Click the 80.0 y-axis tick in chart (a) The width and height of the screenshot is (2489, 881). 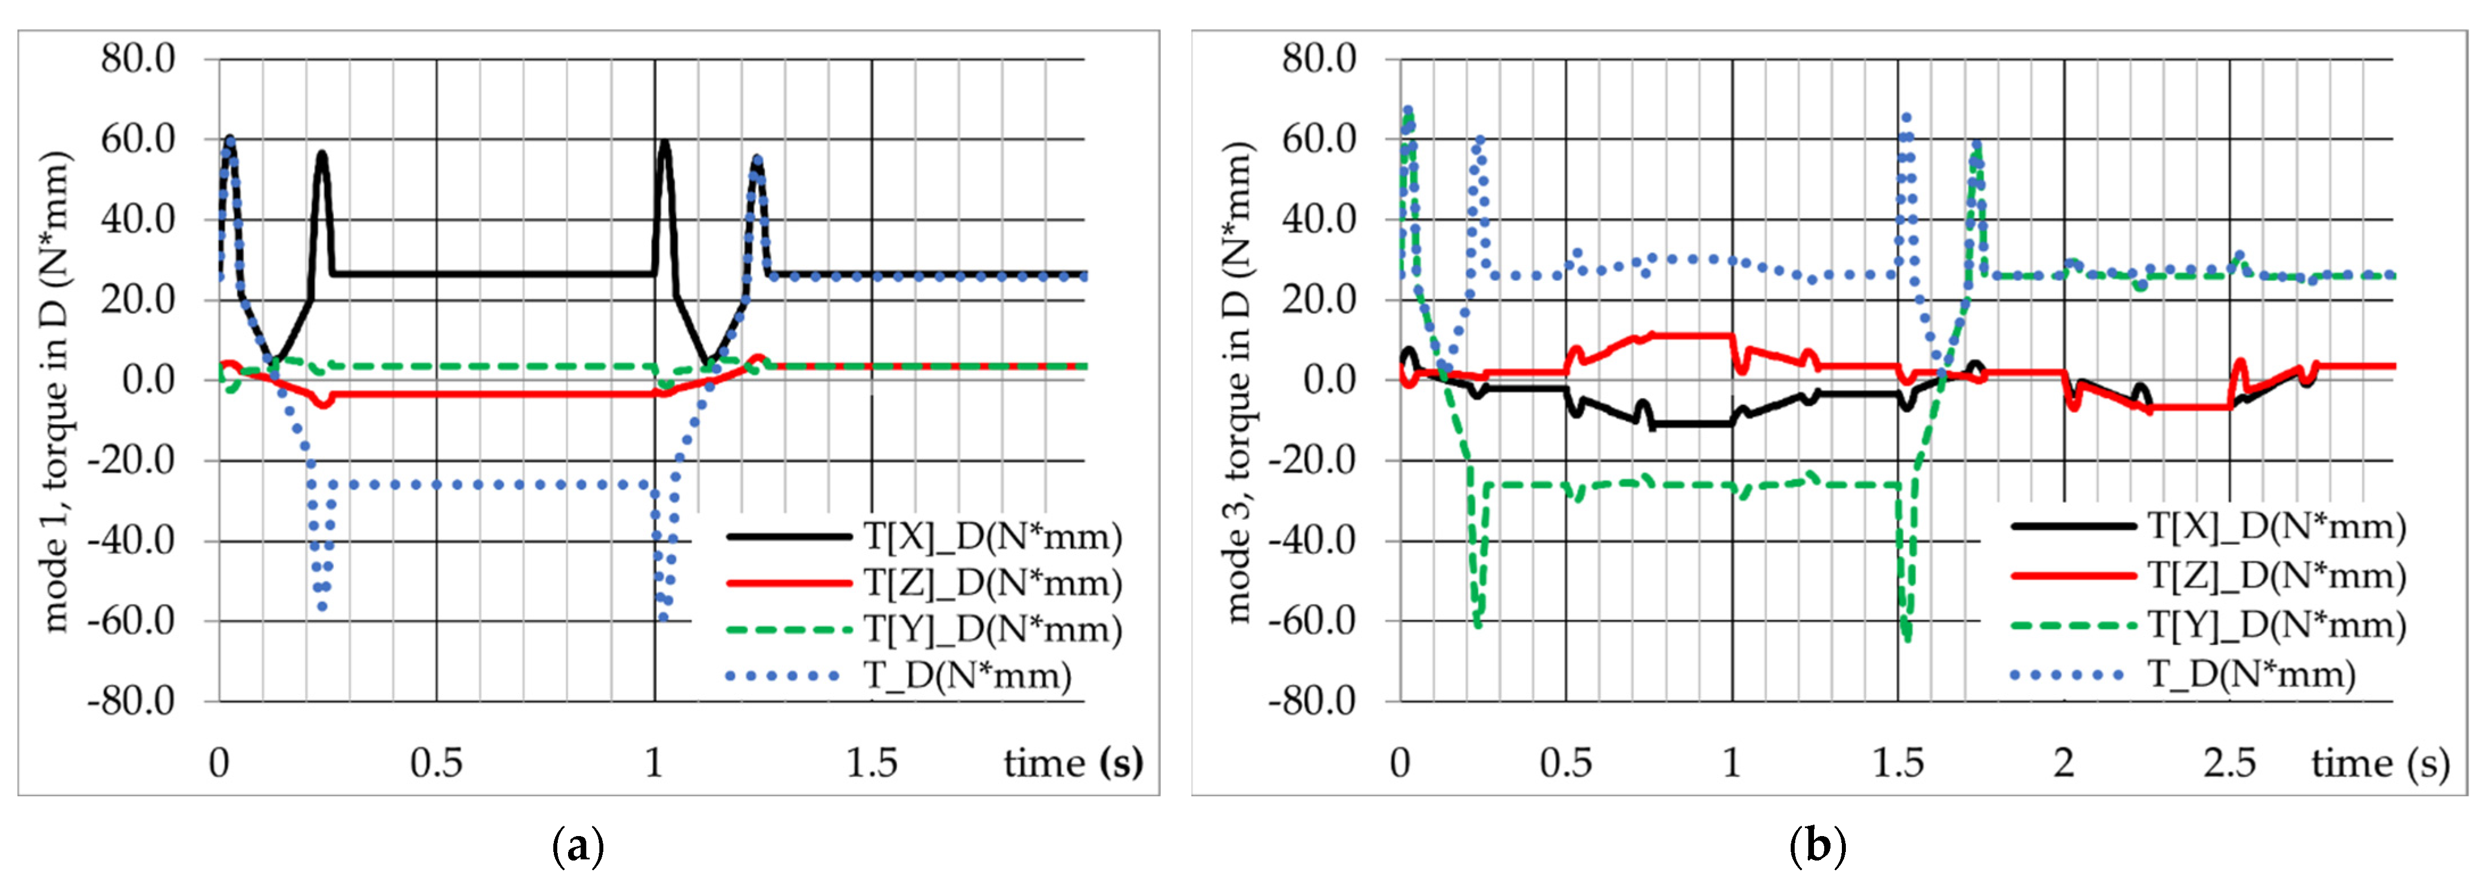click(x=138, y=59)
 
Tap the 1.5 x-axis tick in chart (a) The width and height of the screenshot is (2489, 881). click(x=872, y=763)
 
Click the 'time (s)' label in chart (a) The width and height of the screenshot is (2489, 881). click(x=1072, y=763)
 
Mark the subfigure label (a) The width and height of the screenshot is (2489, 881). click(x=578, y=847)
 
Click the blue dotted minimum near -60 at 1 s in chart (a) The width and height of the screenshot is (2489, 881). click(x=663, y=617)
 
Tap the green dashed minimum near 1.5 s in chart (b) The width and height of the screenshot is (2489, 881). click(x=1906, y=638)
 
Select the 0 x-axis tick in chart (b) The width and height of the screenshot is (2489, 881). click(x=1400, y=763)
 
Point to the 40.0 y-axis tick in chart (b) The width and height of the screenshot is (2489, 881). click(x=1318, y=220)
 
